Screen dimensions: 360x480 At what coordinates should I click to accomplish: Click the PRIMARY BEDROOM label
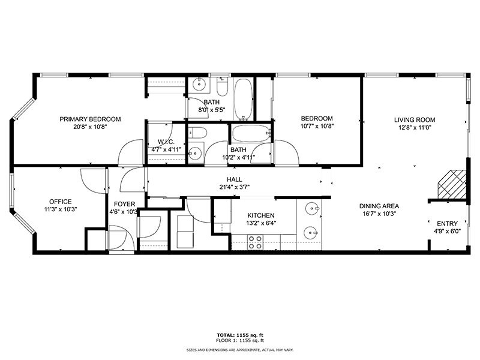pos(90,119)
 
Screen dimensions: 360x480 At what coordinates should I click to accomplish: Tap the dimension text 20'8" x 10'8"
pos(90,127)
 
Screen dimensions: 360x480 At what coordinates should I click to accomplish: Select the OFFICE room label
pos(61,202)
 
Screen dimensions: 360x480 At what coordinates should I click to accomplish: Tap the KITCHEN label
pos(261,215)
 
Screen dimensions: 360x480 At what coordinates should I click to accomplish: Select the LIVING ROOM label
pos(415,119)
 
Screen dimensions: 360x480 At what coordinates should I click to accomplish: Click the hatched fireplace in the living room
pos(451,184)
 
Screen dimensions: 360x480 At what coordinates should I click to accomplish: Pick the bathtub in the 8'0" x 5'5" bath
pos(242,100)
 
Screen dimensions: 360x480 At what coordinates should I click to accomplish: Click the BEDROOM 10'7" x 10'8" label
pos(317,119)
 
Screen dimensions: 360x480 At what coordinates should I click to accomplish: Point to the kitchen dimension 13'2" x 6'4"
pos(261,223)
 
